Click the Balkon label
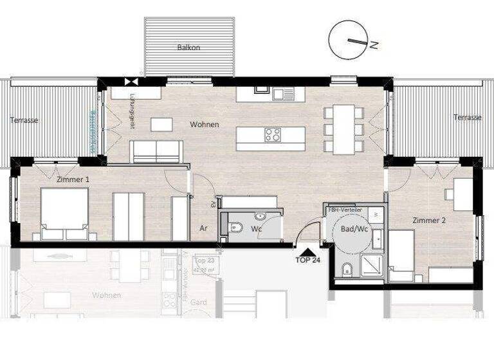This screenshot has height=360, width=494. (188, 48)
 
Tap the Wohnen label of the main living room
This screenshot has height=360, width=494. (204, 124)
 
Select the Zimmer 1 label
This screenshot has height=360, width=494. (73, 179)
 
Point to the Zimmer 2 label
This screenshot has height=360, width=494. (429, 220)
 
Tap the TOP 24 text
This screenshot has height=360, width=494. (307, 261)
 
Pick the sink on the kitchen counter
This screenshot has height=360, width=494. (280, 94)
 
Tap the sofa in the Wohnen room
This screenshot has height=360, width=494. (157, 151)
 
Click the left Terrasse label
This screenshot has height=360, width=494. (24, 120)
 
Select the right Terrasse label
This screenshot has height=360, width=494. (467, 118)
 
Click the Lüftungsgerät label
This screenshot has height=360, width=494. (131, 111)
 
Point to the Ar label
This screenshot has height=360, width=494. (203, 228)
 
